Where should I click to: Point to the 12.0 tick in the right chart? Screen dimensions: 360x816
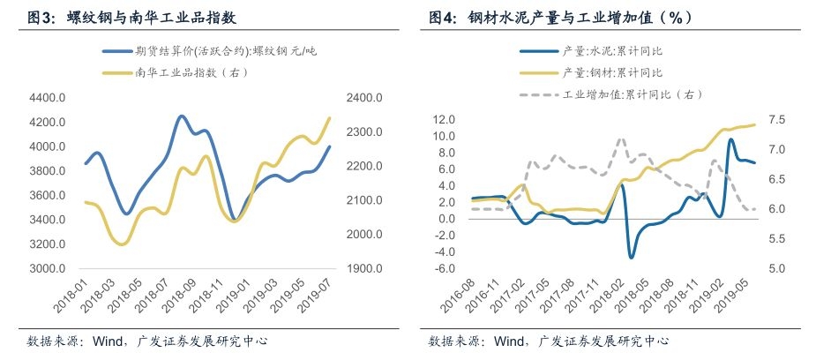coord(444,119)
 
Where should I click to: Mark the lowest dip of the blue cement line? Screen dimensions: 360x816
coord(632,257)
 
